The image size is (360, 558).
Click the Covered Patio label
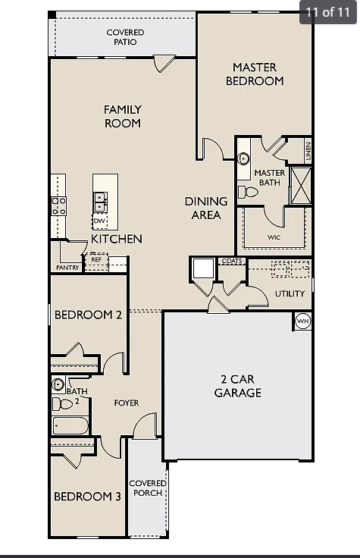pos(125,37)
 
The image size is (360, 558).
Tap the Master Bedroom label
pos(255,74)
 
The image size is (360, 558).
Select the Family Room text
pos(123,116)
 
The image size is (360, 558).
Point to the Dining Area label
pos(206,208)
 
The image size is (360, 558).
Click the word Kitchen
pos(117,239)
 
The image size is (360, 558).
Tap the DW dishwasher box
pos(99,221)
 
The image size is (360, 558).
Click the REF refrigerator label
pos(96,260)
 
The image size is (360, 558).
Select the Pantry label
pos(67,268)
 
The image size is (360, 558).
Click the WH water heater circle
pos(302,321)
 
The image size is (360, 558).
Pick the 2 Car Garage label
pos(237,386)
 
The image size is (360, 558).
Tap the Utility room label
pos(290,293)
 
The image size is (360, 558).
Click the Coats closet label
pos(232,262)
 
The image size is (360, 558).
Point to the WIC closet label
pos(274,237)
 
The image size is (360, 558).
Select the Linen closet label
pos(308,150)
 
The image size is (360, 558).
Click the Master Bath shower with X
pos(301,186)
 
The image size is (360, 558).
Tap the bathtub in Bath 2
pos(70,425)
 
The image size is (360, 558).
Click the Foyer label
pos(127,403)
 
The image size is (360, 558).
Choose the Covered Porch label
pos(148,488)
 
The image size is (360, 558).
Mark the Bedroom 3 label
pos(87,497)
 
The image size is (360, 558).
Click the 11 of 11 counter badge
pos(327,12)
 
